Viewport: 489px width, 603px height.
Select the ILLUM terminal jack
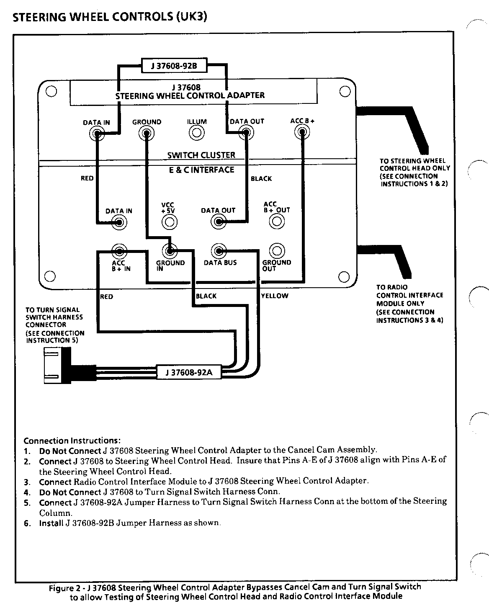pos(196,133)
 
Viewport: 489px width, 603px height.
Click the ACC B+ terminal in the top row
pos(302,133)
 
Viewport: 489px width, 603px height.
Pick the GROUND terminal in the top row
pos(147,133)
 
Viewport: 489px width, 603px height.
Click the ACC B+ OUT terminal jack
pos(276,221)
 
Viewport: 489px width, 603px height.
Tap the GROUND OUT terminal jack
pos(276,251)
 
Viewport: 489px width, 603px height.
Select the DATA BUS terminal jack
pos(218,251)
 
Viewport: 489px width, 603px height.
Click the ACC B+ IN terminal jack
pos(120,251)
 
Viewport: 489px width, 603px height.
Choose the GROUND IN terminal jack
pos(169,251)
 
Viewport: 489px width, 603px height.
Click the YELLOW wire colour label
pos(275,296)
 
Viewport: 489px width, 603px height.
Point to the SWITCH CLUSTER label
pos(201,155)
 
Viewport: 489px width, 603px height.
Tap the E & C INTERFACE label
pos(201,170)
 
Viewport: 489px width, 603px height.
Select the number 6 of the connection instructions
pos(27,523)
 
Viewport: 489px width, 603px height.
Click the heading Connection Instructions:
pos(72,441)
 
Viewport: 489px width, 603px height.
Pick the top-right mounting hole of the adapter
pos(345,91)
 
